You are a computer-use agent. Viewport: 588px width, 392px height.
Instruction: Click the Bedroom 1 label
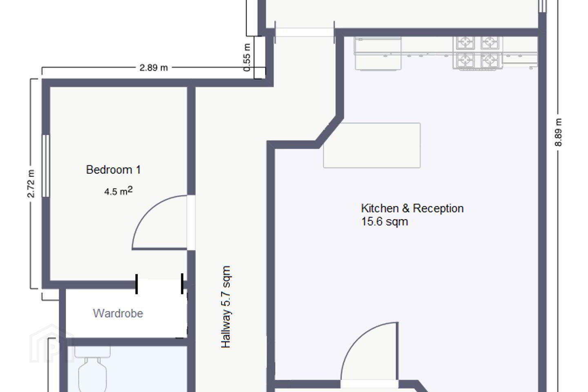[x=114, y=170]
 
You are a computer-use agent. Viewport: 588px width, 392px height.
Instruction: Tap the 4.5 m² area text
[x=118, y=191]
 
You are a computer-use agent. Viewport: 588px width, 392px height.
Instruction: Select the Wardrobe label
[x=118, y=313]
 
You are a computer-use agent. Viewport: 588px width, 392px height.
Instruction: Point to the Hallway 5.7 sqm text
[x=226, y=307]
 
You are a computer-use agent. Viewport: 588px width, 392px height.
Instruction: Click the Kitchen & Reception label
[x=412, y=209]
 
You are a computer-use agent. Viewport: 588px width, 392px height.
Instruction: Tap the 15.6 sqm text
[x=385, y=222]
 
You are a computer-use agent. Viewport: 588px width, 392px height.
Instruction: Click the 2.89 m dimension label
[x=154, y=68]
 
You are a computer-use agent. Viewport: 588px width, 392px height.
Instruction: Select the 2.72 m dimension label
[x=31, y=184]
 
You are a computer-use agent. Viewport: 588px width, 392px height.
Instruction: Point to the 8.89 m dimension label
[x=558, y=132]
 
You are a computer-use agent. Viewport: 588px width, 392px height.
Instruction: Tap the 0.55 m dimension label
[x=247, y=58]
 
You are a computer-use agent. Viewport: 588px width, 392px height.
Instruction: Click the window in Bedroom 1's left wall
[x=46, y=166]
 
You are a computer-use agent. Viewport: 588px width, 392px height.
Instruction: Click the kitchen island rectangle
[x=372, y=145]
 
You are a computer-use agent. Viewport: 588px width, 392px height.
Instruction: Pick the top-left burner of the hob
[x=465, y=42]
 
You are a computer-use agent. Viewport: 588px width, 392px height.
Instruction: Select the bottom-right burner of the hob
[x=490, y=60]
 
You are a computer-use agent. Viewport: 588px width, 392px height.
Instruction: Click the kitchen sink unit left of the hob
[x=378, y=53]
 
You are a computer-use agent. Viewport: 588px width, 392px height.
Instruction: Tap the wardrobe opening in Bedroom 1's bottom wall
[x=159, y=284]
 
